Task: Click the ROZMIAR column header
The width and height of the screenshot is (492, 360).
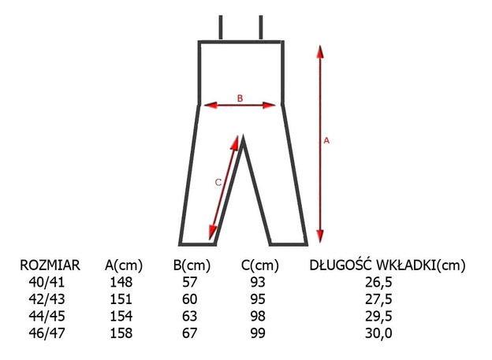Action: pos(50,265)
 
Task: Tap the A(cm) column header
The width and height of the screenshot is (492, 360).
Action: pos(124,266)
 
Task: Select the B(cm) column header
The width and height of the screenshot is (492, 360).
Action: pos(192,266)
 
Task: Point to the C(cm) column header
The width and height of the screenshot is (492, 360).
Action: pos(260,266)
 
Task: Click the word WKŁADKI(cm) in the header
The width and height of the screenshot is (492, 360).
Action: pos(421,265)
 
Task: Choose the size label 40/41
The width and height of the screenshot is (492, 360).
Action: pos(47,282)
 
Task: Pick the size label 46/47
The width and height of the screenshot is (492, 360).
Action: pos(47,333)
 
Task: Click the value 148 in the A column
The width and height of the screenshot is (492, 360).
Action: pos(121,282)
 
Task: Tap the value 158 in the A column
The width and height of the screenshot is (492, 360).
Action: pos(121,333)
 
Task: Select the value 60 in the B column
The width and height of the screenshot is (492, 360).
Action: pos(189,299)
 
